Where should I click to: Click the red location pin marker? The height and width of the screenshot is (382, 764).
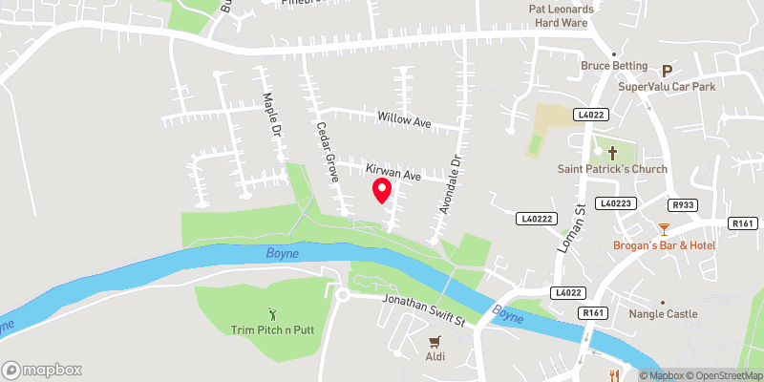pyautogui.click(x=382, y=190)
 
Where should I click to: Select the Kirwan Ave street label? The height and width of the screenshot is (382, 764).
pyautogui.click(x=394, y=174)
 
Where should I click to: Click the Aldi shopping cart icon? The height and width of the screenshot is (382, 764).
pyautogui.click(x=435, y=340)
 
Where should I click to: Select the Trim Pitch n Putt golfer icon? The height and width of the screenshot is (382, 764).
pyautogui.click(x=272, y=312)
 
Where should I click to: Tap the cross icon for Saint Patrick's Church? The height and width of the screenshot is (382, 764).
pyautogui.click(x=612, y=152)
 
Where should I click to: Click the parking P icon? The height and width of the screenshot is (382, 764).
pyautogui.click(x=668, y=69)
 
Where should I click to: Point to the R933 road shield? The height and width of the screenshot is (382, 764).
pyautogui.click(x=682, y=204)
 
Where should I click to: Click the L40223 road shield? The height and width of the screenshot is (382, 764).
pyautogui.click(x=616, y=203)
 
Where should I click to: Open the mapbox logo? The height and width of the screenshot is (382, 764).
pyautogui.click(x=42, y=370)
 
